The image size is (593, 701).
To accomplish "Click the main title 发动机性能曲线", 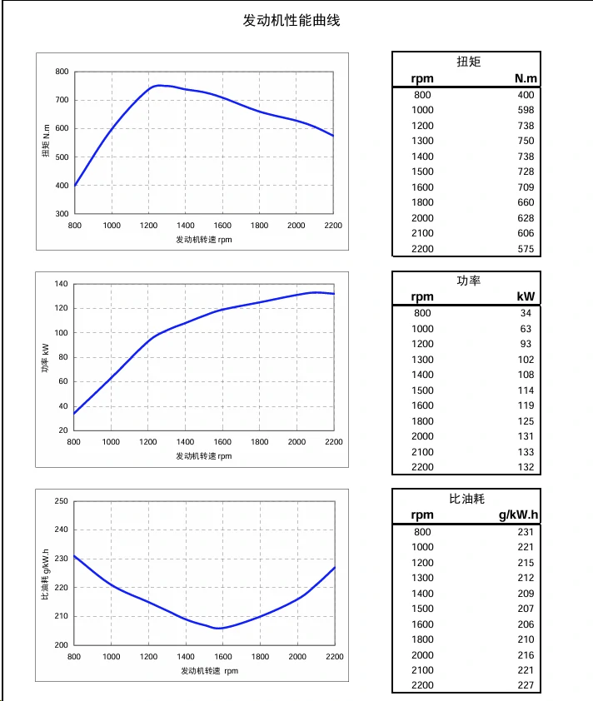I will [x=292, y=21].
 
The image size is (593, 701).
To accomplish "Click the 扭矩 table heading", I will [x=468, y=62].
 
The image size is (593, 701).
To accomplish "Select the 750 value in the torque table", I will [x=525, y=141].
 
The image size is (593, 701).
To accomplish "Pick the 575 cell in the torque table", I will [x=525, y=249].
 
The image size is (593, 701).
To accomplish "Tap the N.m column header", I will [x=526, y=79].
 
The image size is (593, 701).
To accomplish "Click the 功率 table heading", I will [x=469, y=281].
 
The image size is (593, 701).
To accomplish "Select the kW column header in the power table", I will [x=526, y=296].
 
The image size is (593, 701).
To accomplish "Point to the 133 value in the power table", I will [x=525, y=452].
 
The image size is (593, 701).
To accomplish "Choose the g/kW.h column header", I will [x=519, y=515].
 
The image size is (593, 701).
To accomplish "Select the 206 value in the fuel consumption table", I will [x=525, y=624].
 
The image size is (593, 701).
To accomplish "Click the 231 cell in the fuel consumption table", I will [x=525, y=531].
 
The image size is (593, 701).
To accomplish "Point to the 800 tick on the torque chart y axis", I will [x=62, y=72].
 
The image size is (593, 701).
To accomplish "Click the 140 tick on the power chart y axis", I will [x=61, y=284].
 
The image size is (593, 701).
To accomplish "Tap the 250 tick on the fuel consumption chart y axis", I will [x=61, y=501].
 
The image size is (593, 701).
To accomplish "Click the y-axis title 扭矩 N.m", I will [x=47, y=142].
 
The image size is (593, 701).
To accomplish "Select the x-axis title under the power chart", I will [x=203, y=455].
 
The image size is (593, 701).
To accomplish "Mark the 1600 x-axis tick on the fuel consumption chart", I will [x=222, y=657].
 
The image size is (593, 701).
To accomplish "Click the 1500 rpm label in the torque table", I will [x=422, y=172].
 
